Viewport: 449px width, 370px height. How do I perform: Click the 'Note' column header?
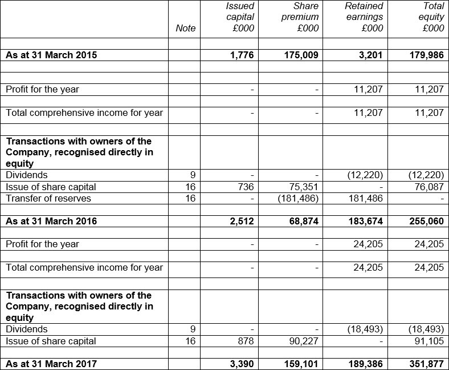(x=186, y=28)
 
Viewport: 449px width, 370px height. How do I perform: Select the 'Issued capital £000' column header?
(x=240, y=17)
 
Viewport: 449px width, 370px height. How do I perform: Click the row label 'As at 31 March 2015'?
(x=51, y=55)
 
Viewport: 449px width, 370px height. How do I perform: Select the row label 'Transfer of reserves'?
(x=48, y=198)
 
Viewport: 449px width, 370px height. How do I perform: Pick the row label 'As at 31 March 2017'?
(x=51, y=363)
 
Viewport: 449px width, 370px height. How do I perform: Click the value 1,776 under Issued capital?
(x=242, y=55)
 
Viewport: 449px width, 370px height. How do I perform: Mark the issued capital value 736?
(x=246, y=187)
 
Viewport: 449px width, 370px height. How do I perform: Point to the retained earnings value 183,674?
(x=363, y=221)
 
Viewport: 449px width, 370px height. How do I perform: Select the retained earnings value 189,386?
(x=363, y=363)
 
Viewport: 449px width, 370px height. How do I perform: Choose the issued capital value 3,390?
(x=242, y=363)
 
